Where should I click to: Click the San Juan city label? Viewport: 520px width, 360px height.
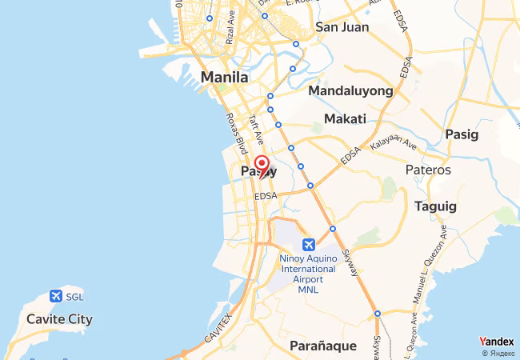point(342,27)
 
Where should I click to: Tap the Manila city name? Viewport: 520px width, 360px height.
point(225,78)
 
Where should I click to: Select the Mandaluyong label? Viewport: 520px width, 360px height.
point(350,91)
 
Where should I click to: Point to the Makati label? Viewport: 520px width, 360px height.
point(345,119)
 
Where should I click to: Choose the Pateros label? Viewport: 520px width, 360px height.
point(428,170)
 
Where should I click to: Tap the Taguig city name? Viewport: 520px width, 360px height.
point(435,206)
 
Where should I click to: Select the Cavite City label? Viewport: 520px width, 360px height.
point(60,319)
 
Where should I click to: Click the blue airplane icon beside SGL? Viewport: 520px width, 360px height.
point(55,296)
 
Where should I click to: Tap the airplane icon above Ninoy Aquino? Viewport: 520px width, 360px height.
point(308,244)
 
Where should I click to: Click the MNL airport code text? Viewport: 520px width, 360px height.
point(308,290)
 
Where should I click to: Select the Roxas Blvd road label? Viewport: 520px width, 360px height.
point(236,131)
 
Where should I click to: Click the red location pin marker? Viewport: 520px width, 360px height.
point(260,165)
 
